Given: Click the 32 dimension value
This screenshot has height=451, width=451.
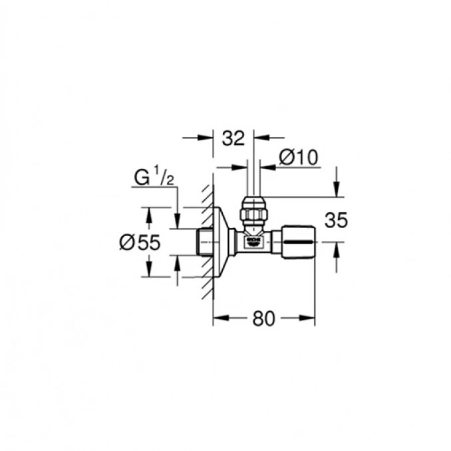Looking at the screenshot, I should [x=233, y=138].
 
